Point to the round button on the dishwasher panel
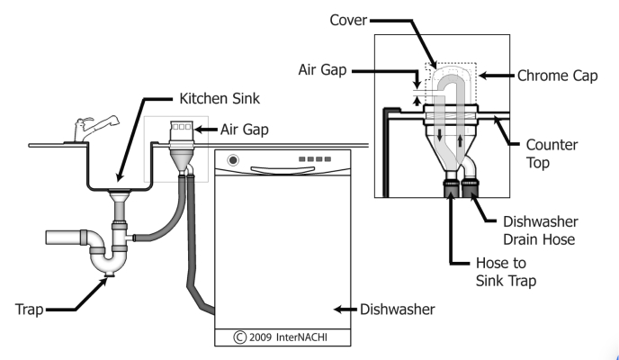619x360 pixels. pyautogui.click(x=234, y=162)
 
